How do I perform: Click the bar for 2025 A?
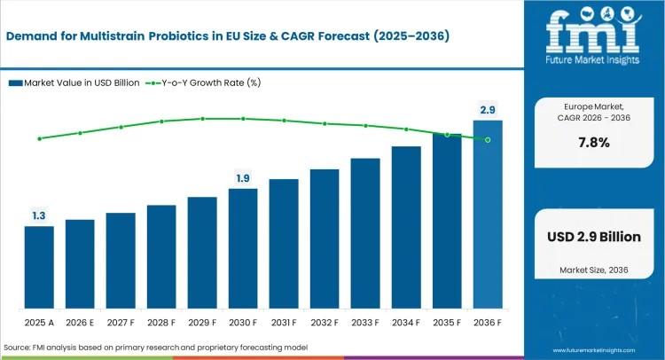coord(39,266)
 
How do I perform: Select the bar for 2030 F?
coord(243,247)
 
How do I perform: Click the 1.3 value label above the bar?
coord(39,215)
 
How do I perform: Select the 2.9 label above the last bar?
coord(488,109)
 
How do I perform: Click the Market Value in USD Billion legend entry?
coord(75,82)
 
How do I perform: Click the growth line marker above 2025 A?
coord(39,138)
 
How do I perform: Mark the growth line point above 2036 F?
coord(488,140)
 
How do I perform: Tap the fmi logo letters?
coord(593,32)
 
